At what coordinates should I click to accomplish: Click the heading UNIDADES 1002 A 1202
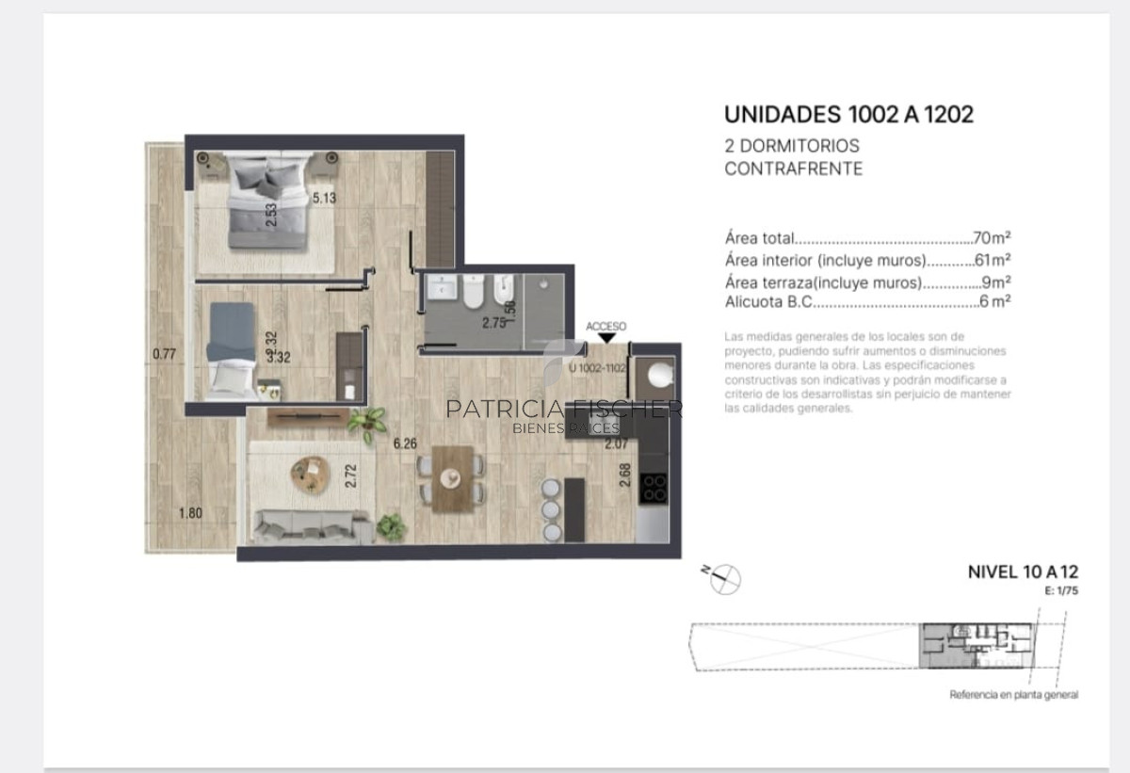[x=848, y=115]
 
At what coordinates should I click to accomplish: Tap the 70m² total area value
[x=993, y=238]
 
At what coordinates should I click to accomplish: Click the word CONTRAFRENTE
[x=793, y=169]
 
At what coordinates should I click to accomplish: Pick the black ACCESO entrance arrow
[x=606, y=338]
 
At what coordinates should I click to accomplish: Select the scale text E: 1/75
[x=1060, y=591]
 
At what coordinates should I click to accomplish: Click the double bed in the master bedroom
[x=267, y=205]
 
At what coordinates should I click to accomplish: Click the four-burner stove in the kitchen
[x=654, y=488]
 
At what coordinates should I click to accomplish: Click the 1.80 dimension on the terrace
[x=190, y=513]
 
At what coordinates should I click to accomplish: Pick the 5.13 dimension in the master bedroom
[x=324, y=198]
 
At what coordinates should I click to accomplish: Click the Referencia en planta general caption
[x=1013, y=695]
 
